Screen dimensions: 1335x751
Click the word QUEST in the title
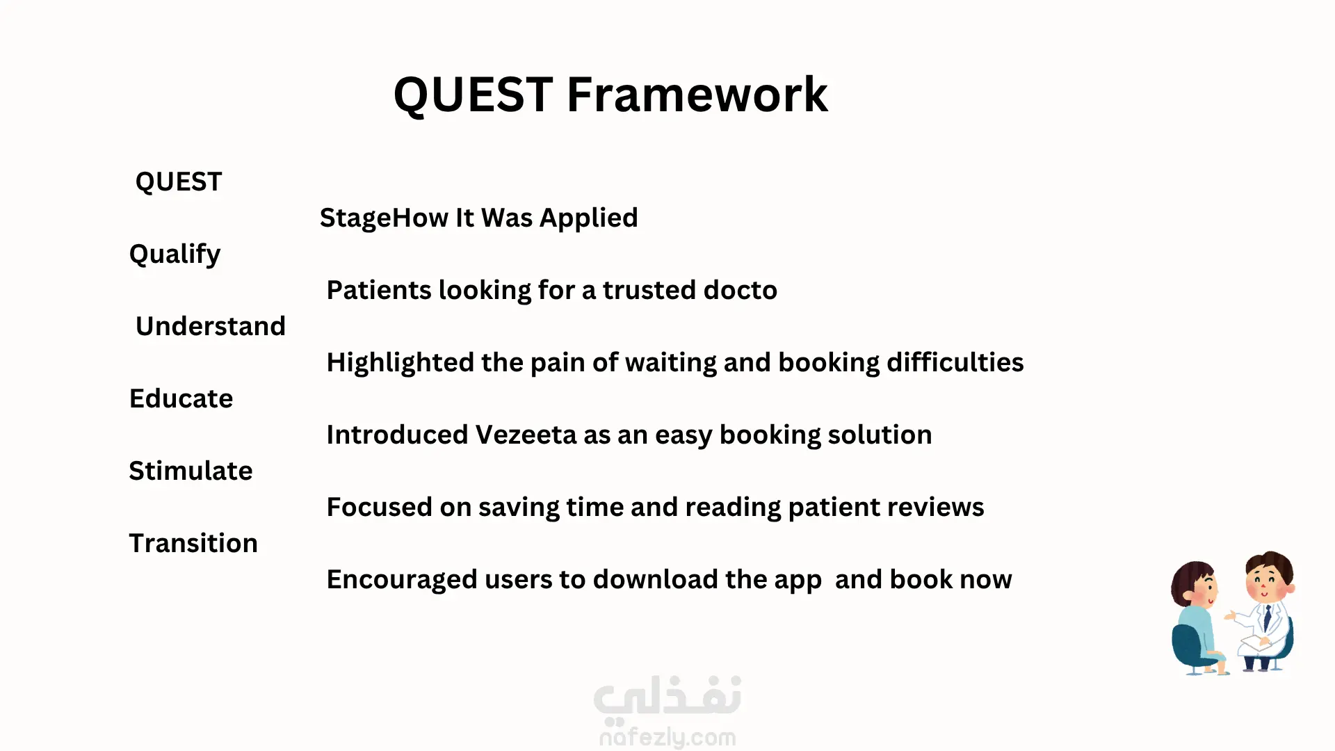coord(473,95)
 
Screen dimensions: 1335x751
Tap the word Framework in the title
coord(697,95)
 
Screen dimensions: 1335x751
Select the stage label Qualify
coord(175,255)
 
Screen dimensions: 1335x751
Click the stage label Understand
coord(211,326)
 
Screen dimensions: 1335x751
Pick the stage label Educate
coord(181,398)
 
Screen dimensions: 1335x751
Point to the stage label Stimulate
coord(191,471)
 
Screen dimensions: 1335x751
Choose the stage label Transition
coord(193,543)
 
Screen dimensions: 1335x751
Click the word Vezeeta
coord(526,435)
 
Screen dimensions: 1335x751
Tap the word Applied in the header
coord(588,218)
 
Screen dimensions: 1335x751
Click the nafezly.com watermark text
coord(667,737)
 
